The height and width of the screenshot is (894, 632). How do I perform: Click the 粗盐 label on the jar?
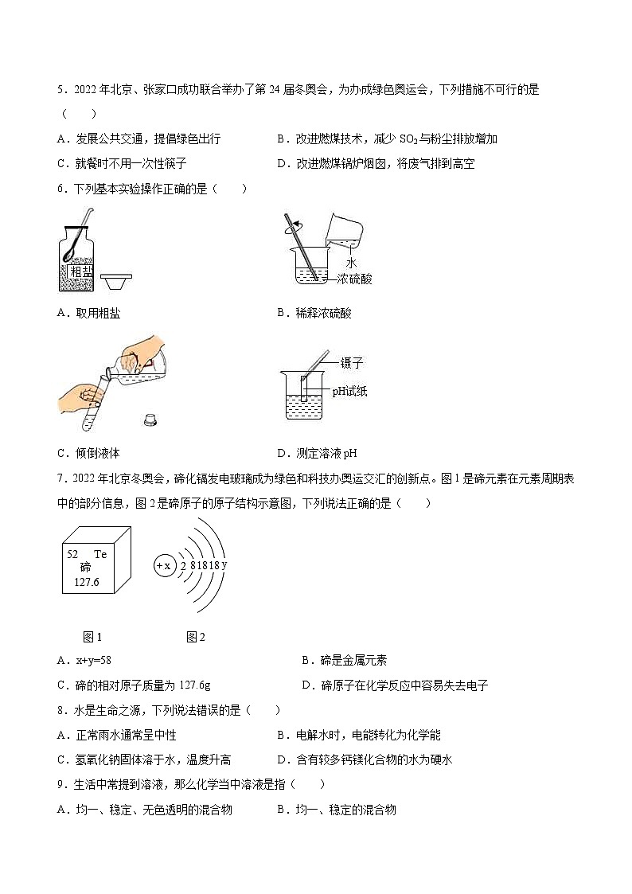pos(81,272)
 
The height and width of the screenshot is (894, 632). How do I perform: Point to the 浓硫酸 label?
pos(354,279)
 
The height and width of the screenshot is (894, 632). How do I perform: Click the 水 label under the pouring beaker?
pos(351,263)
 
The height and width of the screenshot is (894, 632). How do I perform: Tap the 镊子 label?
pos(351,363)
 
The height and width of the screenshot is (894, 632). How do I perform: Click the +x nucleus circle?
pos(163,565)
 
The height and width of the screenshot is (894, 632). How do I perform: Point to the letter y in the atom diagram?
pos(224,564)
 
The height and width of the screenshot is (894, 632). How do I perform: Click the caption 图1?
pos(92,636)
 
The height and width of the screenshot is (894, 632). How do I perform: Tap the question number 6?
pos(61,189)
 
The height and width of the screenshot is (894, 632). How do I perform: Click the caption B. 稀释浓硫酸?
pos(314,313)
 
